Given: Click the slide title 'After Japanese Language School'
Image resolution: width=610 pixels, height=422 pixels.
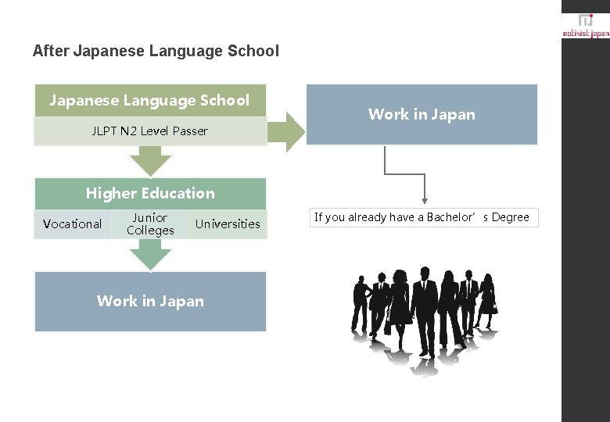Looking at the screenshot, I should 156,52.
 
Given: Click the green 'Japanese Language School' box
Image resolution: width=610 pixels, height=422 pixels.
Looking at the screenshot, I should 149,100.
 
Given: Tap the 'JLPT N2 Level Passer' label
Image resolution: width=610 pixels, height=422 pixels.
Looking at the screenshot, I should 149,131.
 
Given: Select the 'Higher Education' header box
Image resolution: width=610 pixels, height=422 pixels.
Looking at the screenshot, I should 150,193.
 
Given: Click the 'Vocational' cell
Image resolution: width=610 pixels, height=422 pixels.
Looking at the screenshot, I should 72,224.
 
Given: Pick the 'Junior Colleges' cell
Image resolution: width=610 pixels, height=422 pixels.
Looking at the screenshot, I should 150,224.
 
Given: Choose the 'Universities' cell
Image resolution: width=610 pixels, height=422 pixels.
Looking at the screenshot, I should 228,224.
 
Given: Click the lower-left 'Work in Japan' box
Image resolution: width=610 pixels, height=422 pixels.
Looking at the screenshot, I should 150,301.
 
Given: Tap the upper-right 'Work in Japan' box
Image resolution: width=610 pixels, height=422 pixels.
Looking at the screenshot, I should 422,115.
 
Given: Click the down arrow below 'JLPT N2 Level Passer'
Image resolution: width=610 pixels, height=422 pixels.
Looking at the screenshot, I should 150,161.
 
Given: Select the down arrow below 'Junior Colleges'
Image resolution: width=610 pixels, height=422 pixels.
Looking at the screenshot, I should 150,255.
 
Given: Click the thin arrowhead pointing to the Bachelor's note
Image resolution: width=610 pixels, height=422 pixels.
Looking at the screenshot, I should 425,201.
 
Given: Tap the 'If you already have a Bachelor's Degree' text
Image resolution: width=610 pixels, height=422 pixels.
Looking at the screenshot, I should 422,218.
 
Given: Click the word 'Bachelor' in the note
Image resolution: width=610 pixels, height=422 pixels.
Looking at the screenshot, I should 450,218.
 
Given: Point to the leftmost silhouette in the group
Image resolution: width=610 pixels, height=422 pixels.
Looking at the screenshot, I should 362,305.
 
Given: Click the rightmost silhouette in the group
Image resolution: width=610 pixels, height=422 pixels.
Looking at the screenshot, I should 487,301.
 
